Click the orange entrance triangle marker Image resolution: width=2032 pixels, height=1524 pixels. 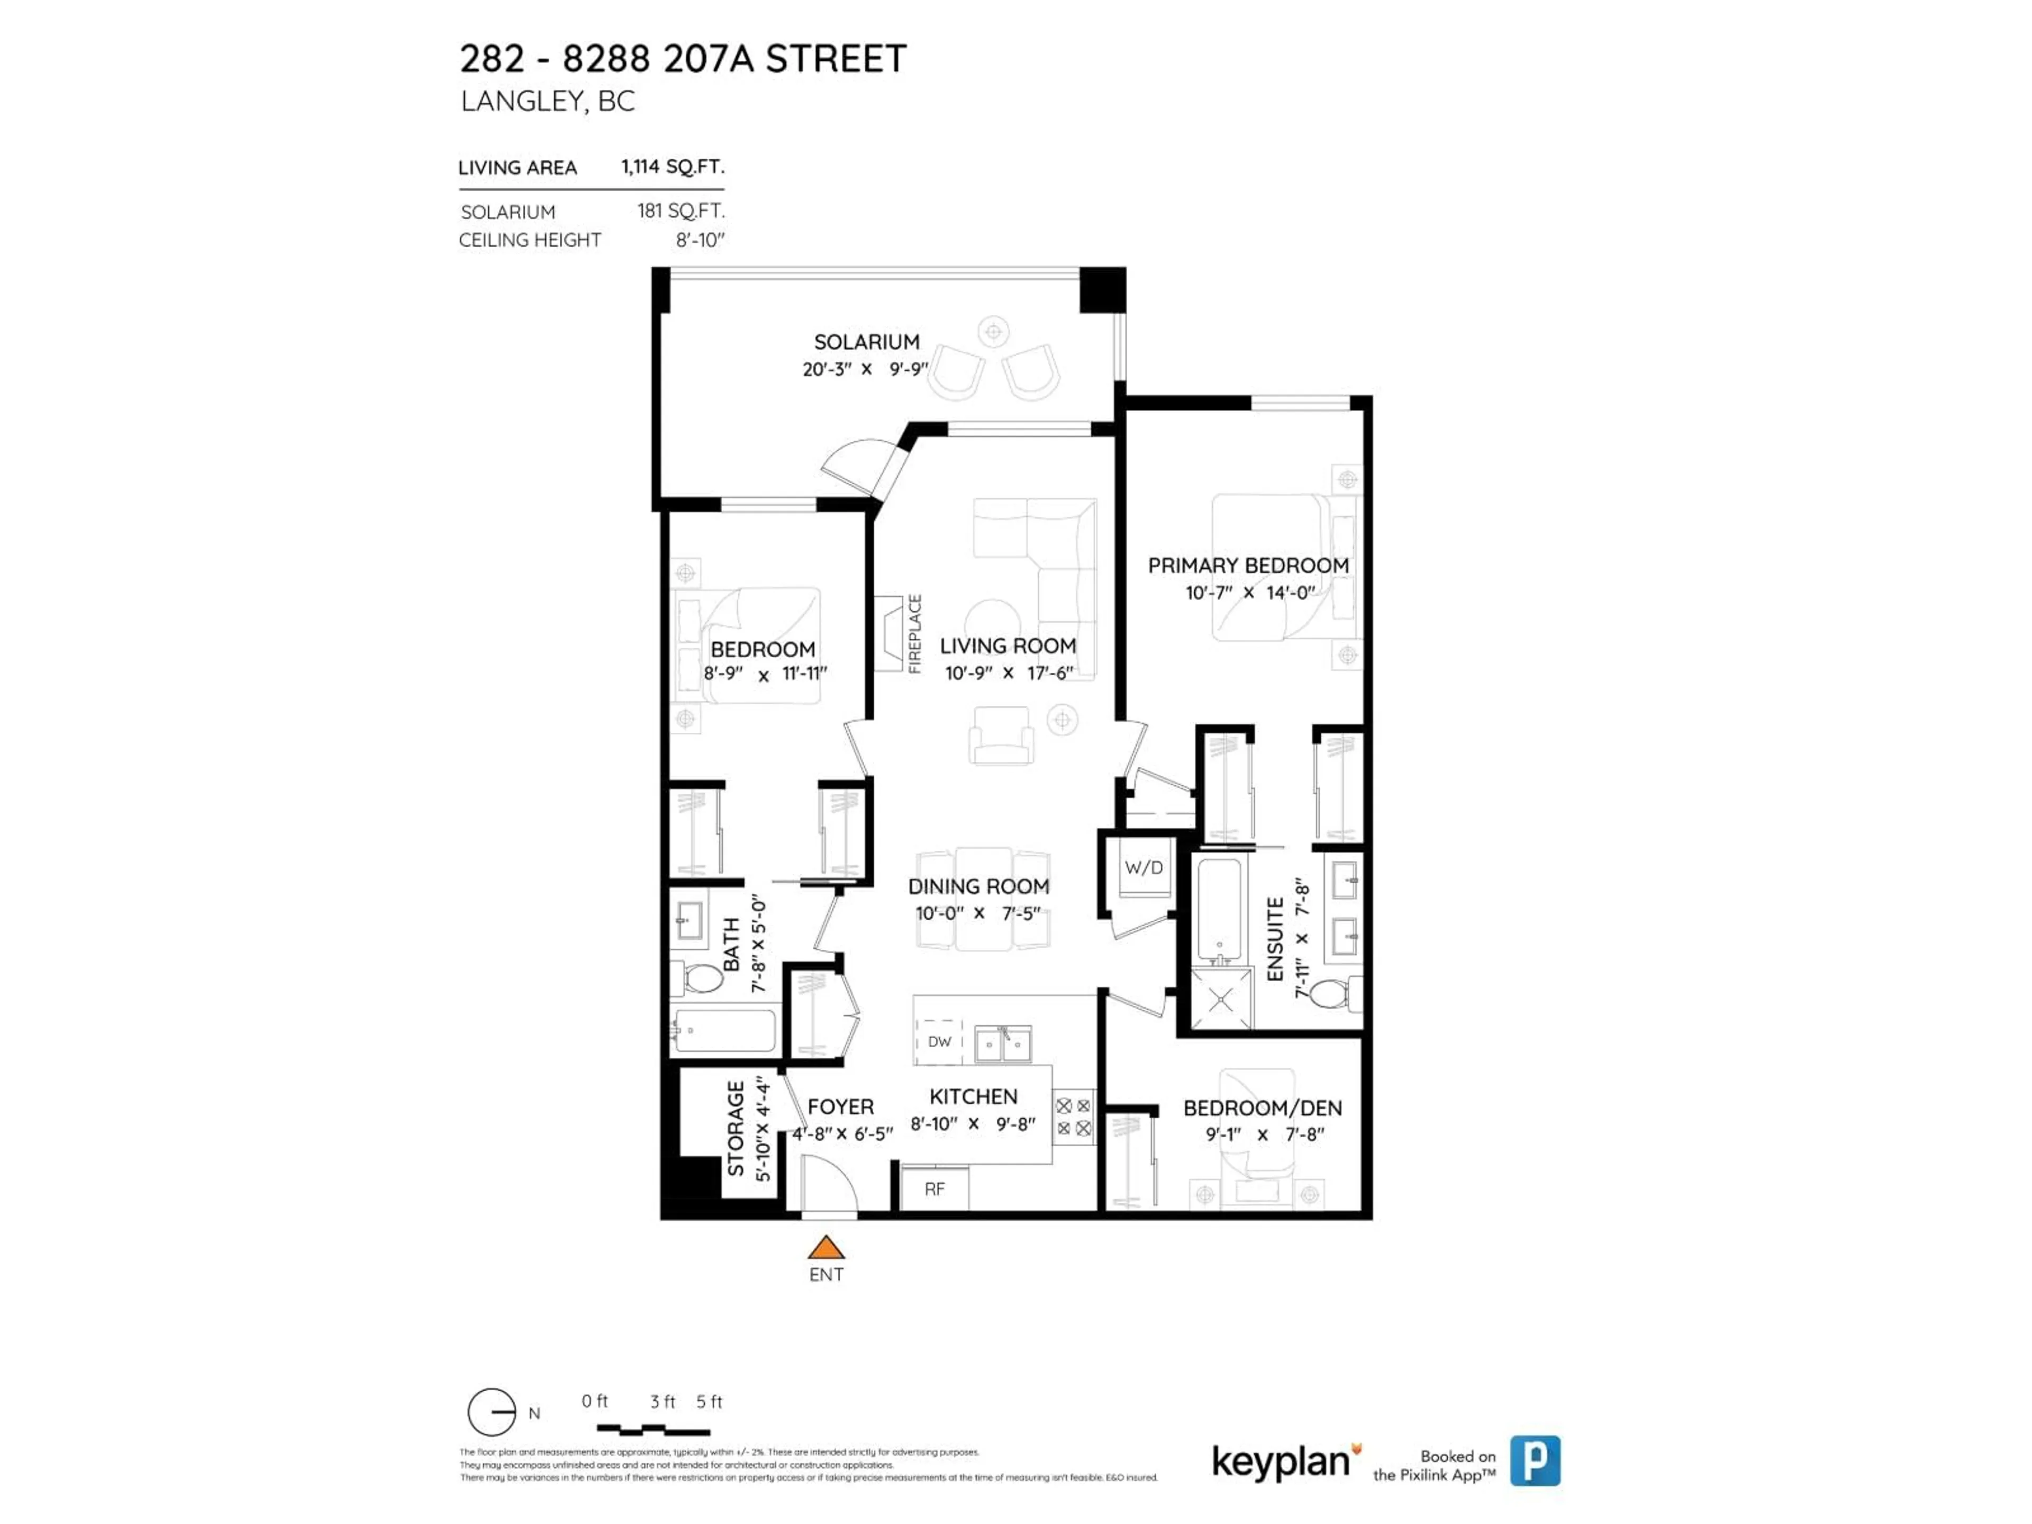826,1247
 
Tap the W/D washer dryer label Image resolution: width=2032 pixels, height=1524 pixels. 1144,867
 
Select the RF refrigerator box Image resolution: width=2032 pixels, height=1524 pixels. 934,1189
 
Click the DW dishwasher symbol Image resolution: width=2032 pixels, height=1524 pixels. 939,1042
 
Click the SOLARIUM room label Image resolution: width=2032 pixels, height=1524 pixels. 866,342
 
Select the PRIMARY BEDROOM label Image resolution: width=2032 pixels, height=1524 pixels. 1247,565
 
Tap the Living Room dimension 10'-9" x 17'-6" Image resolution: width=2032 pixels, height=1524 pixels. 1009,673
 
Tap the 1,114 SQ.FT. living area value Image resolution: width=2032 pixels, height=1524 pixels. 673,166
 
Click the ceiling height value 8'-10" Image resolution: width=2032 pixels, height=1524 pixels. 700,240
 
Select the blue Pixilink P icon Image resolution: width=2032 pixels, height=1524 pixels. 1535,1460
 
